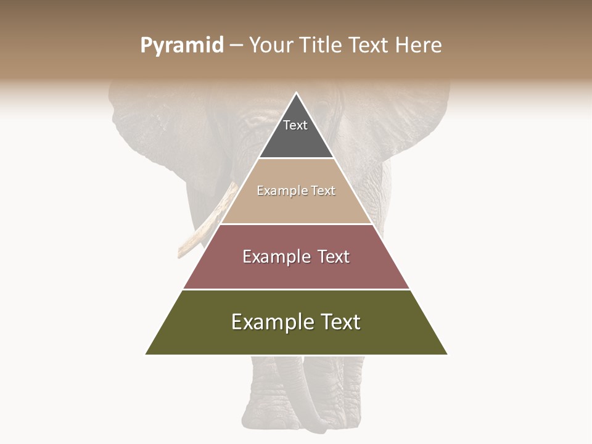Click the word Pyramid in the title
coord(181,46)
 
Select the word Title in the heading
coord(319,46)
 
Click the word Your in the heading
coord(270,46)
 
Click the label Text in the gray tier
coord(295,125)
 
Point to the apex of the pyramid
coord(296,94)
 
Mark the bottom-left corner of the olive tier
coord(146,354)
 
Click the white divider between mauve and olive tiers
coord(296,289)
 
